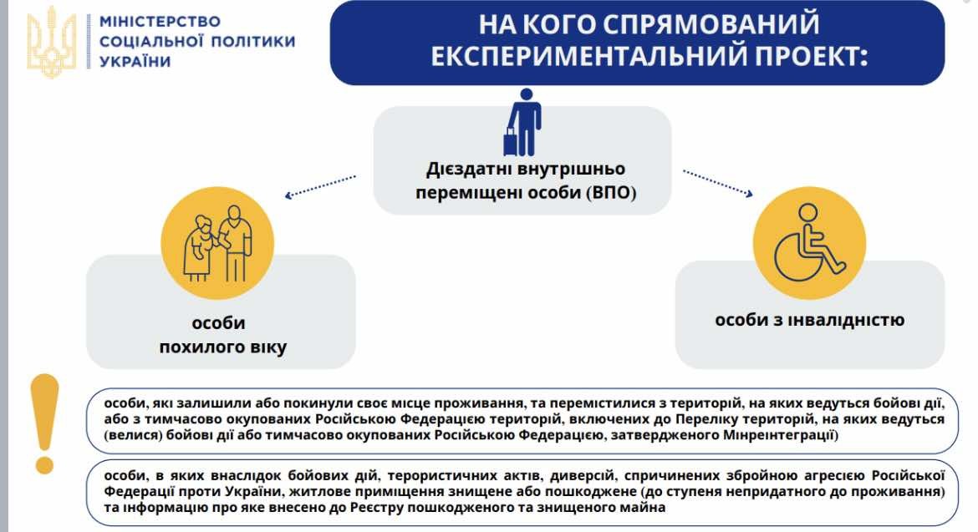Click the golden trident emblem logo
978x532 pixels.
pos(52,43)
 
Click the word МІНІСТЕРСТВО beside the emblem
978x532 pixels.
pos(160,21)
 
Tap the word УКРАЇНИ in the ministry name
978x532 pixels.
pos(135,62)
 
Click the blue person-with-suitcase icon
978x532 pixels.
pos(522,122)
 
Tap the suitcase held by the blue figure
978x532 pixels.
pos(512,142)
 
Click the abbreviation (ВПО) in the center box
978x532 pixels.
pos(611,192)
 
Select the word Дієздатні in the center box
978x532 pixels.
pos(466,170)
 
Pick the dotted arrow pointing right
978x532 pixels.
pos(718,183)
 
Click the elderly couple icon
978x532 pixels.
pos(217,244)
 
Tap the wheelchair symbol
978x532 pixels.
pos(809,244)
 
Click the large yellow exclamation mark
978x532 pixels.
pos(45,423)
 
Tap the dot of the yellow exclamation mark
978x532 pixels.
pos(45,464)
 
